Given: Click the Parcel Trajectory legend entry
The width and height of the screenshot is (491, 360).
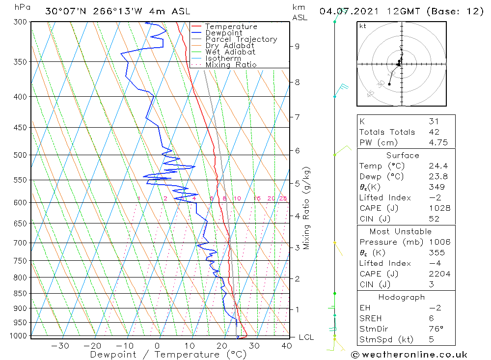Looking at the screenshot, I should tap(241, 39).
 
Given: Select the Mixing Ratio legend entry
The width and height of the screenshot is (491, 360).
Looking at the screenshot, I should tap(231, 65).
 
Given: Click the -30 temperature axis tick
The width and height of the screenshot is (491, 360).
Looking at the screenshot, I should tap(60, 346).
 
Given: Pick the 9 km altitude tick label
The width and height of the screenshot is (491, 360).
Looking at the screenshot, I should tap(297, 46).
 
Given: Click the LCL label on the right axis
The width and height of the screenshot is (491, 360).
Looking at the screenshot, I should tap(306, 337).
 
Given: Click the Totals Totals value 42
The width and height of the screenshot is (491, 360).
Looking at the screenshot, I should tap(434, 132).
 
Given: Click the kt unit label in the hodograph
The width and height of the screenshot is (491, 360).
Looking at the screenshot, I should tap(362, 27).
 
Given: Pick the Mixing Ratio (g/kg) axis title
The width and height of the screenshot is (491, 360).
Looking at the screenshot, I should tap(306, 208).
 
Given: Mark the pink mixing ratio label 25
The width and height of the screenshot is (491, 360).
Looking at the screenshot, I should tap(283, 198).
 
